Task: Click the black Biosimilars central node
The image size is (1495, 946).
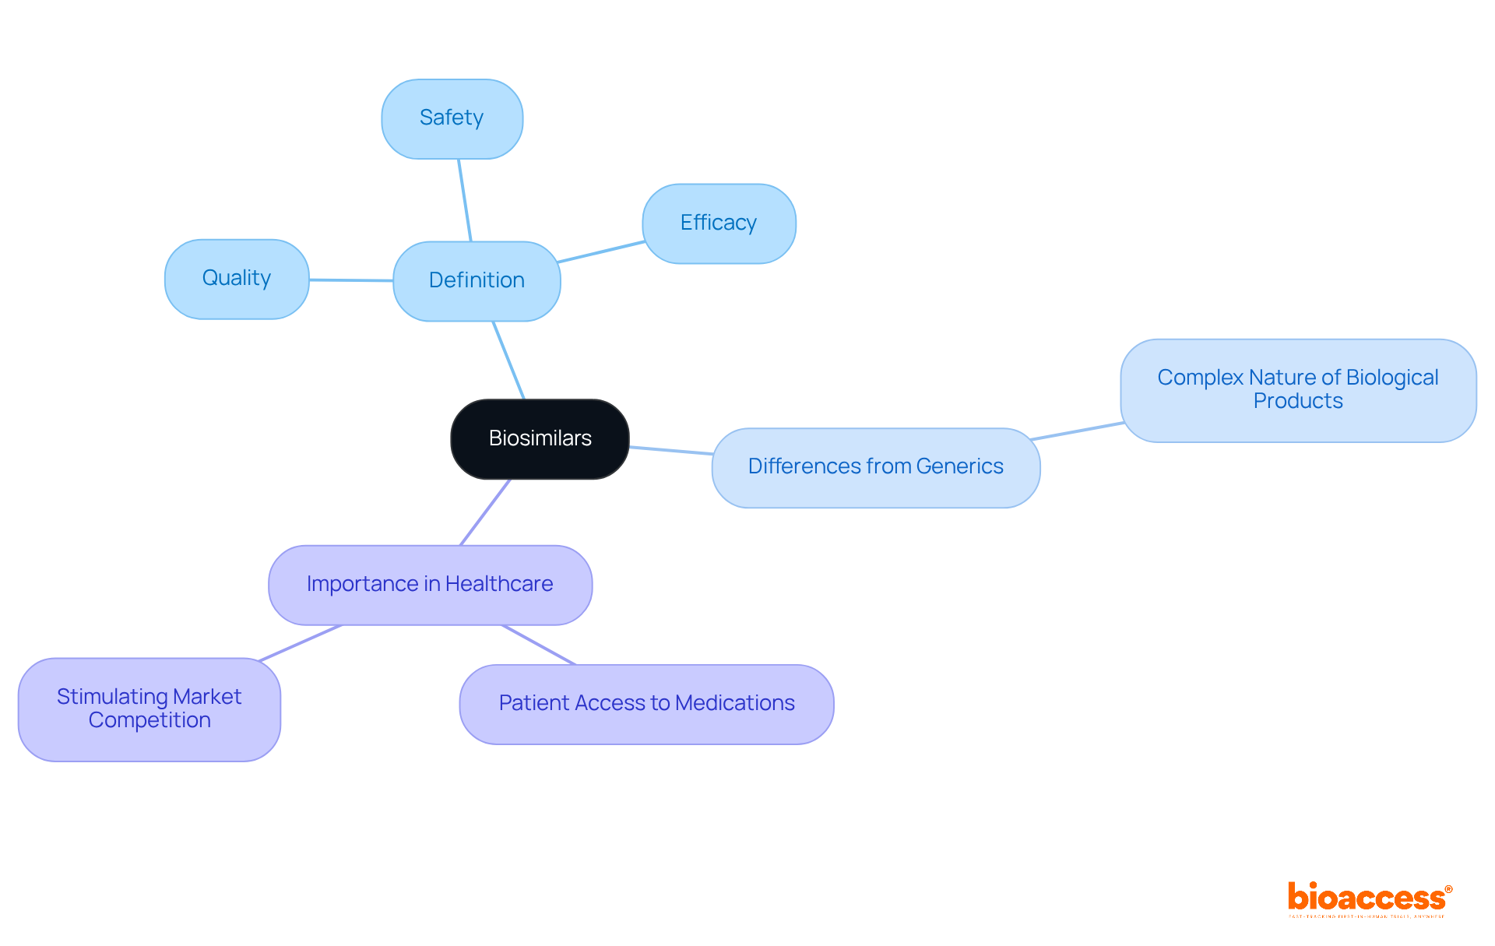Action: (540, 438)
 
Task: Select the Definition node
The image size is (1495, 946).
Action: (477, 280)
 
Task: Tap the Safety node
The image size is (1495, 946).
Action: (452, 118)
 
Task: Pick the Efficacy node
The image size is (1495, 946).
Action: (719, 223)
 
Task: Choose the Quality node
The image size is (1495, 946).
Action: (237, 279)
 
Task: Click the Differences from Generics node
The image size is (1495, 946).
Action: (875, 467)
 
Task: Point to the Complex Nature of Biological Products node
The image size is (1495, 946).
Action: (1297, 390)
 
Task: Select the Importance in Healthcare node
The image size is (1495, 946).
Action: (430, 585)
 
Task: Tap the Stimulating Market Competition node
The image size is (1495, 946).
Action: (149, 709)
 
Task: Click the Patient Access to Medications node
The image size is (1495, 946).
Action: (646, 704)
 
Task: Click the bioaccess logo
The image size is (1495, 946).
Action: (1369, 899)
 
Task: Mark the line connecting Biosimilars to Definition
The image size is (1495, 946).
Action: (508, 360)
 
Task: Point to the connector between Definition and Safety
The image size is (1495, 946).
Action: (465, 200)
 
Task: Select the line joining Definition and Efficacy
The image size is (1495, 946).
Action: (601, 251)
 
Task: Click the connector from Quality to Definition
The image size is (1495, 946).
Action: (351, 280)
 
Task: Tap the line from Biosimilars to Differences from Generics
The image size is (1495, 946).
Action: (670, 450)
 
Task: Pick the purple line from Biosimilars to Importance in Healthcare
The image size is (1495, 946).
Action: (486, 512)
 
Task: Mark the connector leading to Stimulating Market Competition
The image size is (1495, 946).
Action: (301, 643)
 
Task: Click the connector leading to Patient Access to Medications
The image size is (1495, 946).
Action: (539, 645)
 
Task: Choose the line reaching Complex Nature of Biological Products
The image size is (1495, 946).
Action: (1077, 431)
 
